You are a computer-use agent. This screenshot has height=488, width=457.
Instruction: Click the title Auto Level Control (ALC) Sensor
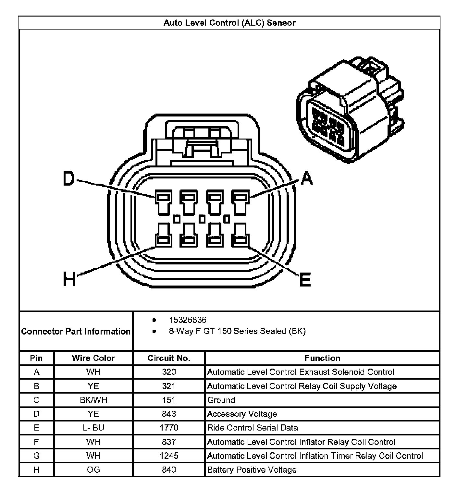[x=229, y=23]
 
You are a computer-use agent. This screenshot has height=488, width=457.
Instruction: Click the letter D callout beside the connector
[x=68, y=178]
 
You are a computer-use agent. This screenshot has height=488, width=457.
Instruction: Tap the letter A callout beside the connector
[x=307, y=178]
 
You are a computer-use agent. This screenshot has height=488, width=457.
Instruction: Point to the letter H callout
[x=69, y=279]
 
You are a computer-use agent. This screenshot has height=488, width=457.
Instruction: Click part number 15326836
[x=187, y=320]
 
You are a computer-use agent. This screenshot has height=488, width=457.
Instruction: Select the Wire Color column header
[x=93, y=358]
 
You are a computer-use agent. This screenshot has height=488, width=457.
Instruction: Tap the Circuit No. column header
[x=169, y=358]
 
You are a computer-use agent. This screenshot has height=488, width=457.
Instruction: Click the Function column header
[x=322, y=358]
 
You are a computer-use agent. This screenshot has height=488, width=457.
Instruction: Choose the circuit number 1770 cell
[x=169, y=428]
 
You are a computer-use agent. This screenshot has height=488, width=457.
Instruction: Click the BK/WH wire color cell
[x=93, y=400]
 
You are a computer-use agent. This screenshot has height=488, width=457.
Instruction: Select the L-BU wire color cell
[x=93, y=428]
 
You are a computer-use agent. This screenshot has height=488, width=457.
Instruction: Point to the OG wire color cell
[x=93, y=470]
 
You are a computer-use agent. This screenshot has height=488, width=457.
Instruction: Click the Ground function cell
[x=221, y=400]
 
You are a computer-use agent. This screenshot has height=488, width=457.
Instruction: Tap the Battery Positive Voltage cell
[x=252, y=470]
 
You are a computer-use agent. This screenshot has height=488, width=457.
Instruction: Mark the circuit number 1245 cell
[x=169, y=456]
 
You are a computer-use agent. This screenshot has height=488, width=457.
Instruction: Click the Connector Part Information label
[x=76, y=331]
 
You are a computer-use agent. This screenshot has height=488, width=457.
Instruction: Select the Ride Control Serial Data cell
[x=253, y=428]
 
